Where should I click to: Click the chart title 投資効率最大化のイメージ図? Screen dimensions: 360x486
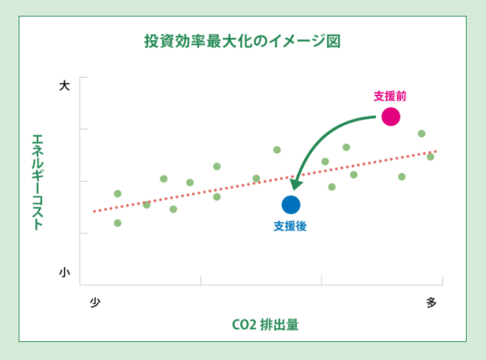pyautogui.click(x=242, y=41)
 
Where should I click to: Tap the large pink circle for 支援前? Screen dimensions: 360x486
pyautogui.click(x=390, y=116)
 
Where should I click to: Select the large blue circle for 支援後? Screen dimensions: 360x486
pyautogui.click(x=290, y=205)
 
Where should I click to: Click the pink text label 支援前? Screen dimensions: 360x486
pyautogui.click(x=390, y=95)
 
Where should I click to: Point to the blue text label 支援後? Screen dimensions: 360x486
pyautogui.click(x=290, y=226)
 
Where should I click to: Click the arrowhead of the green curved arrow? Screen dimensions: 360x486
pyautogui.click(x=295, y=185)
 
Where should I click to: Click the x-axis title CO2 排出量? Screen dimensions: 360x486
pyautogui.click(x=265, y=324)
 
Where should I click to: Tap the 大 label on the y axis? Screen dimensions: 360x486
pyautogui.click(x=64, y=86)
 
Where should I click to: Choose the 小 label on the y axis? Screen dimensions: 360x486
pyautogui.click(x=64, y=272)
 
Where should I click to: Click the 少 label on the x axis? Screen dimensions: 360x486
pyautogui.click(x=94, y=302)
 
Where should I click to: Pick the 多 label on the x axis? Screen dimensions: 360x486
pyautogui.click(x=431, y=302)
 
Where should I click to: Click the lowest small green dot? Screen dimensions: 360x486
pyautogui.click(x=117, y=223)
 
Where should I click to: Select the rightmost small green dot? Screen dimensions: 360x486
pyautogui.click(x=430, y=157)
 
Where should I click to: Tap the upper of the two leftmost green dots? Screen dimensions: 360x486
pyautogui.click(x=117, y=193)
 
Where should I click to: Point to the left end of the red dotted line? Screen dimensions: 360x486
pyautogui.click(x=94, y=211)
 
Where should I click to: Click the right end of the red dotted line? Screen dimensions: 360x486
pyautogui.click(x=436, y=152)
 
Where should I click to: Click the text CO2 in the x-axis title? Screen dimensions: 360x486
pyautogui.click(x=244, y=324)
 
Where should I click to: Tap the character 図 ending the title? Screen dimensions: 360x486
pyautogui.click(x=332, y=41)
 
